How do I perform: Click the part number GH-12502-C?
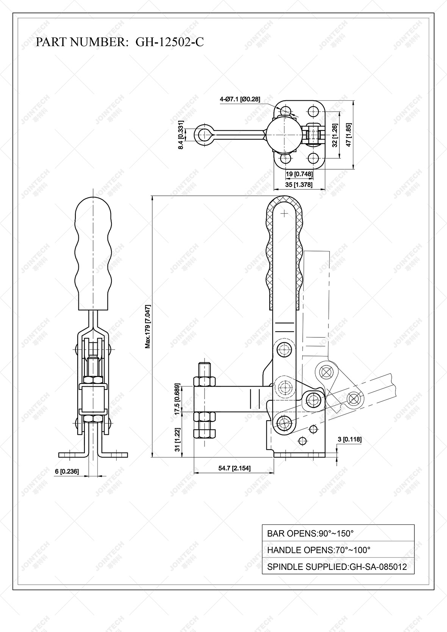(169, 42)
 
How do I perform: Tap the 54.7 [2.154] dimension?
(234, 468)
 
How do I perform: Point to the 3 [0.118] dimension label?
(349, 439)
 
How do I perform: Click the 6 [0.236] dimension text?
(67, 471)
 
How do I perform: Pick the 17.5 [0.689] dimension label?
(177, 400)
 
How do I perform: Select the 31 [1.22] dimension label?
(177, 440)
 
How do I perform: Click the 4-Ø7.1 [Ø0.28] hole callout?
(240, 99)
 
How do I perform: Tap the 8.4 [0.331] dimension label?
(181, 135)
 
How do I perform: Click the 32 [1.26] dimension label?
(334, 135)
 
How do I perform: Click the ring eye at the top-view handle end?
(205, 134)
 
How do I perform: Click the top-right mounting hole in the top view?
(313, 112)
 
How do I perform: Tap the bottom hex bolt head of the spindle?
(205, 433)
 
